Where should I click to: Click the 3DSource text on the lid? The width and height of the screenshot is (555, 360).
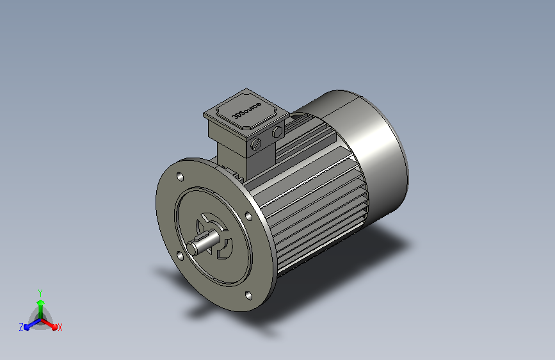(246, 110)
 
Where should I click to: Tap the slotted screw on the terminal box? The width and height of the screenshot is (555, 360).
(255, 143)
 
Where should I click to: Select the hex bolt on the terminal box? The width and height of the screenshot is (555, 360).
(278, 132)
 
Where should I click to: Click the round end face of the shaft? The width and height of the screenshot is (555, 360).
(193, 248)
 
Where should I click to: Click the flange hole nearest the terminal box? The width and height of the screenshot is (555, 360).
(180, 176)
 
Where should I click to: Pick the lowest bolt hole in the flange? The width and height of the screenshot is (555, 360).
(248, 295)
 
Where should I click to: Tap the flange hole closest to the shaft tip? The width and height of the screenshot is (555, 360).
(180, 256)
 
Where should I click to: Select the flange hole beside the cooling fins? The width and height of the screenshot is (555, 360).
(248, 216)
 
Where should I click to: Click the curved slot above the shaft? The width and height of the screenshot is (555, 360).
(215, 220)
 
